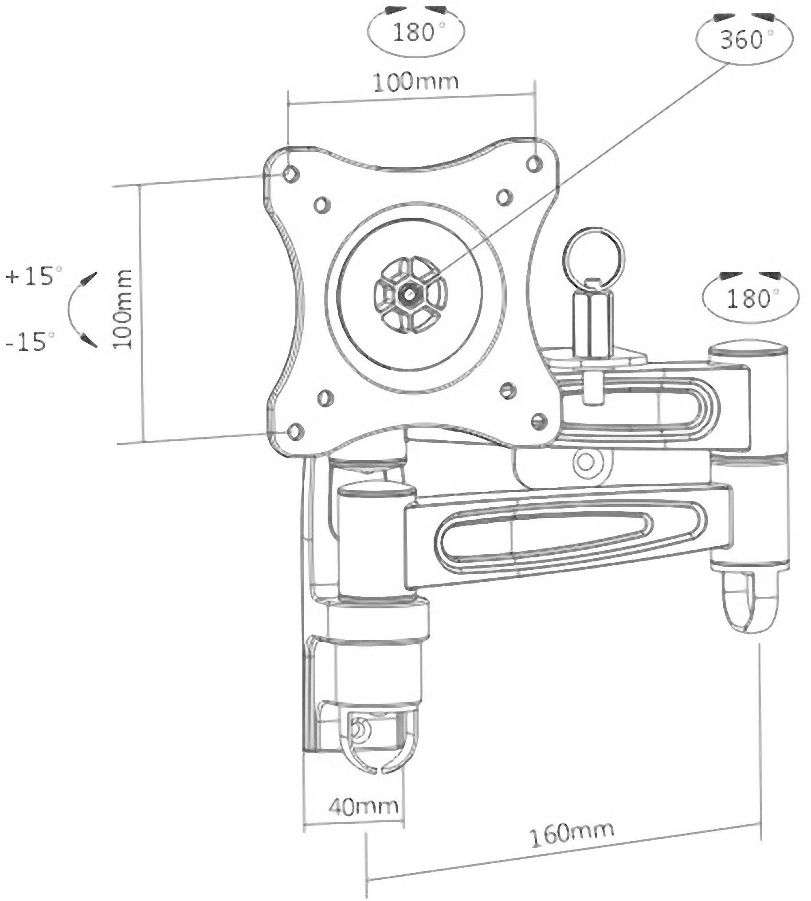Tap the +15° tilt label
click(x=33, y=276)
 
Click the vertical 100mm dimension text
click(x=122, y=309)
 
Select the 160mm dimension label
click(x=572, y=834)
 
